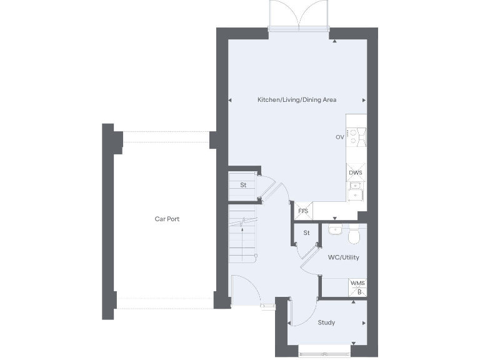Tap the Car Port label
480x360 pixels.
coord(167,219)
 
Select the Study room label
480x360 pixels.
coord(326,323)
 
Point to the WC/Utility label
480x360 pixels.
coord(343,257)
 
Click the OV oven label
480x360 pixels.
coord(339,137)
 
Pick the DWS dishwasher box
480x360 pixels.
coord(356,172)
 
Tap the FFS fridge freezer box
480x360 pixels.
coord(303,211)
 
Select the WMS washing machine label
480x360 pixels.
coord(357,284)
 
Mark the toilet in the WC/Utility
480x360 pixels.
coord(354,235)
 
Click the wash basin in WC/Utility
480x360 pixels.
coord(336,230)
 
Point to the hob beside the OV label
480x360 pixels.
coord(356,136)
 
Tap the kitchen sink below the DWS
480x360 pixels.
coord(356,191)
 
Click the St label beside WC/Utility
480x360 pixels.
coord(307,233)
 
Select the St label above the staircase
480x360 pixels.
coord(243,185)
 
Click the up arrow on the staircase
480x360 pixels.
coord(243,221)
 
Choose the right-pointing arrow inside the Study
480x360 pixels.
coord(364,323)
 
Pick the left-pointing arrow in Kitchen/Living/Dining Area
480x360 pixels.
coord(230,100)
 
